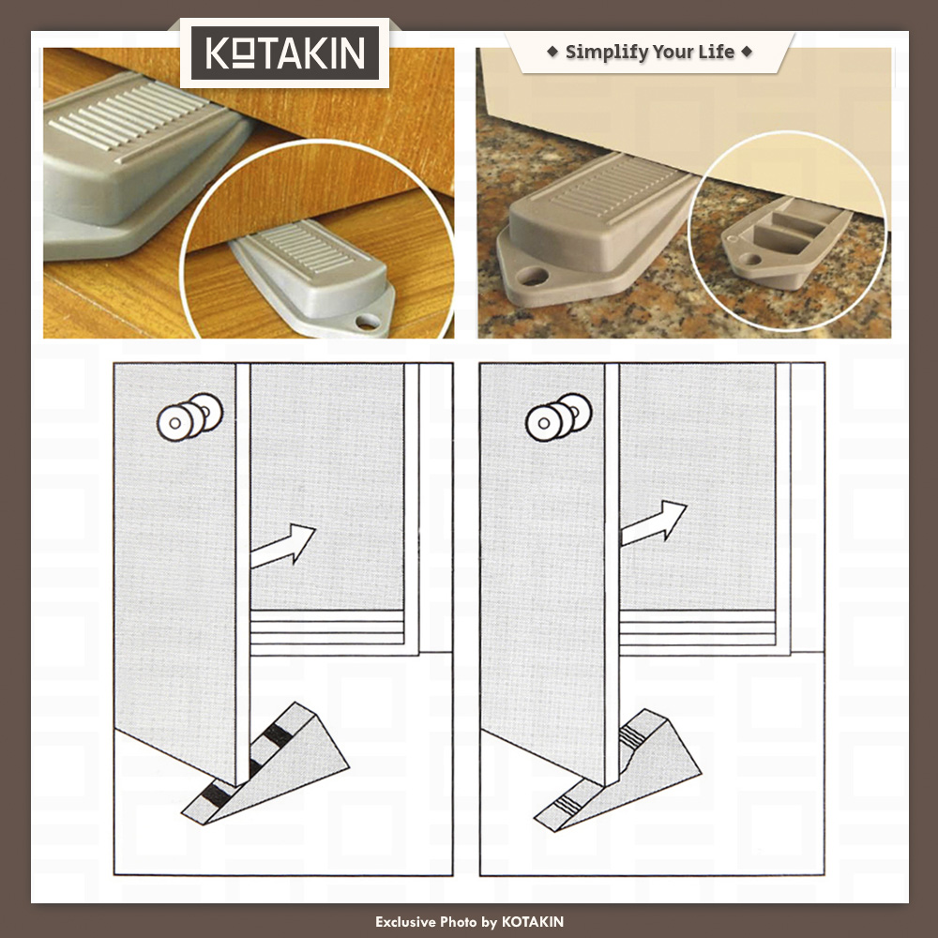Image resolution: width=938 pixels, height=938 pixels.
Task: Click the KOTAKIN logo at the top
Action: pyautogui.click(x=285, y=53)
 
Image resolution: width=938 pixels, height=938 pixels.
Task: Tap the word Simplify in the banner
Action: pyautogui.click(x=605, y=52)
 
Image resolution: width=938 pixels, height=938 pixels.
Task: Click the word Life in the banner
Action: pyautogui.click(x=717, y=52)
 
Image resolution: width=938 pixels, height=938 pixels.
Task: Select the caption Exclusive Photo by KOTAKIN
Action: pyautogui.click(x=469, y=922)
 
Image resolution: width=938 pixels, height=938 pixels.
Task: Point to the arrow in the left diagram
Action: pyautogui.click(x=282, y=545)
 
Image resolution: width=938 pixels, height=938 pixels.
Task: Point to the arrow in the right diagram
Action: pyautogui.click(x=653, y=522)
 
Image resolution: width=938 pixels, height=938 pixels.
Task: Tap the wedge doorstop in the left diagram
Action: pyautogui.click(x=265, y=764)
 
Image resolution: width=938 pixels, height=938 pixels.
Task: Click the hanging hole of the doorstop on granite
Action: pyautogui.click(x=532, y=277)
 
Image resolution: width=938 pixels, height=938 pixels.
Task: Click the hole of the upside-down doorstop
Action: pyautogui.click(x=749, y=260)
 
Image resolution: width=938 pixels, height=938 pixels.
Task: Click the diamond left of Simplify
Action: pyautogui.click(x=552, y=52)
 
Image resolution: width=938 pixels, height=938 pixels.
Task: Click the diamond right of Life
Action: pyautogui.click(x=747, y=52)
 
